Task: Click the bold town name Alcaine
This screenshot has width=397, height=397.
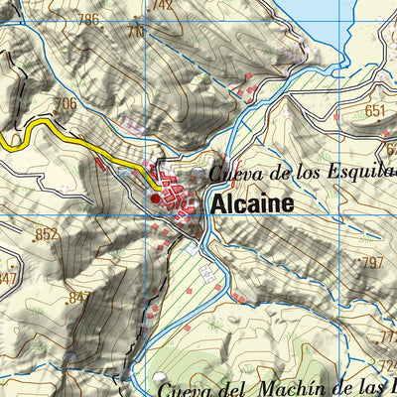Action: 252,202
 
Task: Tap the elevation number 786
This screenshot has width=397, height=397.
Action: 89,19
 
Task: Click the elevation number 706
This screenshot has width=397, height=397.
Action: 66,103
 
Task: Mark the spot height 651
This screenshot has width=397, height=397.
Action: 374,111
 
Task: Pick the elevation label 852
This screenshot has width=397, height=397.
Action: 47,234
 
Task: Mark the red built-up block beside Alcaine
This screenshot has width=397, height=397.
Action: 177,188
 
